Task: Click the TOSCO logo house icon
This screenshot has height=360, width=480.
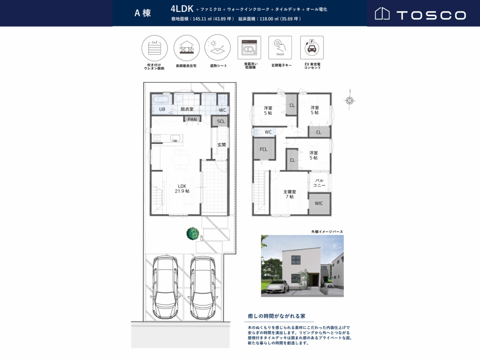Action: click(x=382, y=13)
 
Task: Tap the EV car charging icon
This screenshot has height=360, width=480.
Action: click(x=312, y=48)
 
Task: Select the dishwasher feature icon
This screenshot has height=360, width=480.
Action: click(x=249, y=48)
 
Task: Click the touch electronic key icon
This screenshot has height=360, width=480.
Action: click(x=280, y=48)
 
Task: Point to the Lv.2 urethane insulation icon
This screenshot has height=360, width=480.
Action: click(x=155, y=48)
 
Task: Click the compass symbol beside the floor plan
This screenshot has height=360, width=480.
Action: click(x=350, y=100)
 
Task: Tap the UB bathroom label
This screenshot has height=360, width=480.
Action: click(x=162, y=109)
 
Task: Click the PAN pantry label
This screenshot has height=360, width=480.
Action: click(x=192, y=119)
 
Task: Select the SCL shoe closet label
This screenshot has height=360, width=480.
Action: click(x=221, y=121)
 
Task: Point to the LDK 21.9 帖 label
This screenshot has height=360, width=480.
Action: click(x=182, y=189)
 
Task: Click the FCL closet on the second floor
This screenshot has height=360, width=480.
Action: click(x=264, y=149)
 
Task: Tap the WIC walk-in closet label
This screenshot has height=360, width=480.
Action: click(x=319, y=203)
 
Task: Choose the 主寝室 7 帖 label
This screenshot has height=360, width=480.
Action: click(x=290, y=194)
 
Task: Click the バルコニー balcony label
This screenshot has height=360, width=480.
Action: click(x=319, y=183)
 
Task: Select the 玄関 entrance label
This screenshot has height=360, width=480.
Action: click(x=222, y=145)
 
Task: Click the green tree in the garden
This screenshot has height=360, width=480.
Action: click(x=193, y=234)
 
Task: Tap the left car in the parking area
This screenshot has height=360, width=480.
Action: click(x=165, y=288)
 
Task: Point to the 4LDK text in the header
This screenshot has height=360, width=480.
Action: click(x=182, y=9)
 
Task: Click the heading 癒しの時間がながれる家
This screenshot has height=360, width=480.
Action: click(x=276, y=316)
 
